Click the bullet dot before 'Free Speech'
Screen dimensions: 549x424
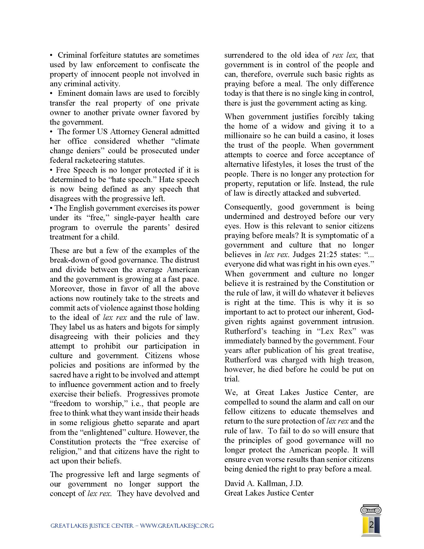pyautogui.click(x=51, y=170)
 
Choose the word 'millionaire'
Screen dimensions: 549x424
pyautogui.click(x=242, y=136)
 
